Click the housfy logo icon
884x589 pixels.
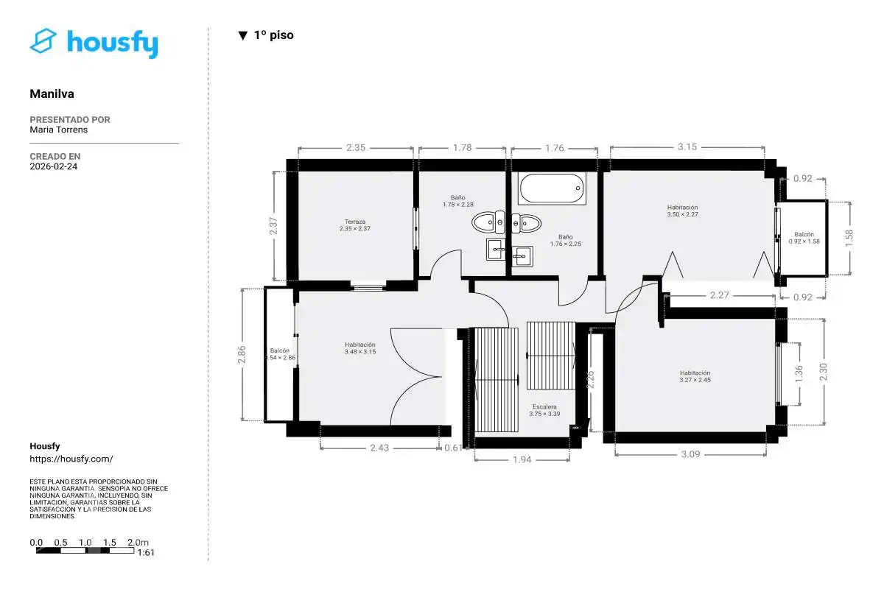point(43,40)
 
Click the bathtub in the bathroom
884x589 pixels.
point(552,188)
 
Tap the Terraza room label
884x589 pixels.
point(355,225)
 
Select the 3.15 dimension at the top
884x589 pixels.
point(687,147)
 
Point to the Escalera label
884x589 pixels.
point(544,410)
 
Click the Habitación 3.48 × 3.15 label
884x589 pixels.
point(360,348)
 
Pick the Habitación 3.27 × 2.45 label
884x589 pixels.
point(695,376)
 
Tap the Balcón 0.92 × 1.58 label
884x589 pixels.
point(804,238)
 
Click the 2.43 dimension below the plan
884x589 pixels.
point(379,448)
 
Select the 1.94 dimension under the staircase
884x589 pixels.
point(522,459)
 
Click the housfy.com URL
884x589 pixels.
point(71,459)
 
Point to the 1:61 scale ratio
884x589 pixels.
point(146,552)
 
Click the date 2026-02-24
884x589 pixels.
point(53,166)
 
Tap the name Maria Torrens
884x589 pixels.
point(58,130)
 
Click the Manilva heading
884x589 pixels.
point(52,94)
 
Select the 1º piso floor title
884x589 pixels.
point(266,35)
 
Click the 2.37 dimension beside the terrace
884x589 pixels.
point(273,226)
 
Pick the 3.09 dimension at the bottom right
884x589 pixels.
point(691,454)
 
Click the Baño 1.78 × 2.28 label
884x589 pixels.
point(457,201)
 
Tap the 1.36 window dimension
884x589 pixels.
point(799,373)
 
